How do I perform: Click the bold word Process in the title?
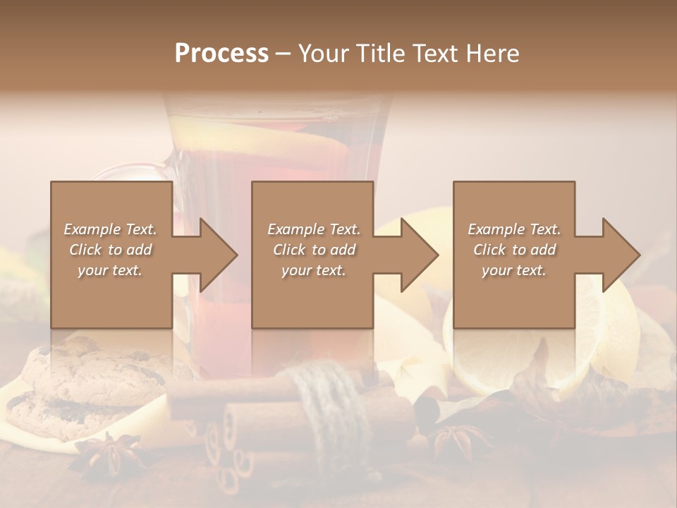click(x=221, y=54)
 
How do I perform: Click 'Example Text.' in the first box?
click(x=110, y=229)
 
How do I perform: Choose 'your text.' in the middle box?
click(x=313, y=270)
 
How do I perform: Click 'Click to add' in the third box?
click(x=514, y=250)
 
